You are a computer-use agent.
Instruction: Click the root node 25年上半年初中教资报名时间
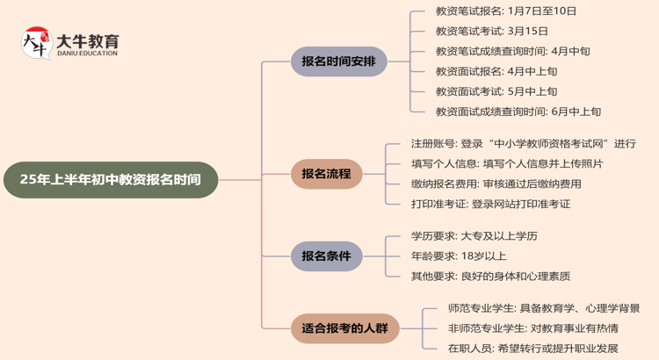tap(111, 180)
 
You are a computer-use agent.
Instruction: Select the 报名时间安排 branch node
tap(338, 61)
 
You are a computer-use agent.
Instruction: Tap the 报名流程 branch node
tap(326, 174)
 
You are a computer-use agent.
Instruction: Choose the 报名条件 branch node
tap(326, 256)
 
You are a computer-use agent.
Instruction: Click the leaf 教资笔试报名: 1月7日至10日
tap(506, 11)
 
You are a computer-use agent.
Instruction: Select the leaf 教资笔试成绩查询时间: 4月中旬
tap(512, 51)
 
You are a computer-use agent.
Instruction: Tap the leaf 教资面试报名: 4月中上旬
tap(496, 71)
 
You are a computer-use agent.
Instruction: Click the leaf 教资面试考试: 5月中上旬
tap(496, 91)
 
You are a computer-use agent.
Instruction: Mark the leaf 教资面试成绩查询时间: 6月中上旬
tap(518, 112)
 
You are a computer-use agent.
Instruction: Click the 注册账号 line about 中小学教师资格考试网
tap(523, 143)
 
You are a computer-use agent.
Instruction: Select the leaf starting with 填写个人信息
tap(507, 163)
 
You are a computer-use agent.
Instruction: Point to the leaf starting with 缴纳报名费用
tap(496, 184)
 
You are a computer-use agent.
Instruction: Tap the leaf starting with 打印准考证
tap(490, 204)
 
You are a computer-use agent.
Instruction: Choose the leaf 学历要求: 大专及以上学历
tap(474, 236)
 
